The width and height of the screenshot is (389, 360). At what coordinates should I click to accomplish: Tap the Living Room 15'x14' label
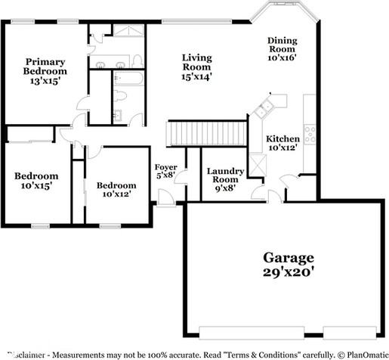196,67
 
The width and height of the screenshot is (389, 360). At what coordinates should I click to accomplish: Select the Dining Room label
282,48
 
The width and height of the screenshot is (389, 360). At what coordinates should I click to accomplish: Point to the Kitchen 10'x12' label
282,143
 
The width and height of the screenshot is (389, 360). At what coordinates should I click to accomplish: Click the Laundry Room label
225,180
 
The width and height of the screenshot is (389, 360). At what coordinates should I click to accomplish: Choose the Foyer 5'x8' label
165,171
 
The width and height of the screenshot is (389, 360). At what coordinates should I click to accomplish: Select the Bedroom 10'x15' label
36,180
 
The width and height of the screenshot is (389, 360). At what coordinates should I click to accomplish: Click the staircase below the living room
207,134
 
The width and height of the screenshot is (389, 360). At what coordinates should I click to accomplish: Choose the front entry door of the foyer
166,198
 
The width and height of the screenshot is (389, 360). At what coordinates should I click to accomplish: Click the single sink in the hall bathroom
117,116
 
